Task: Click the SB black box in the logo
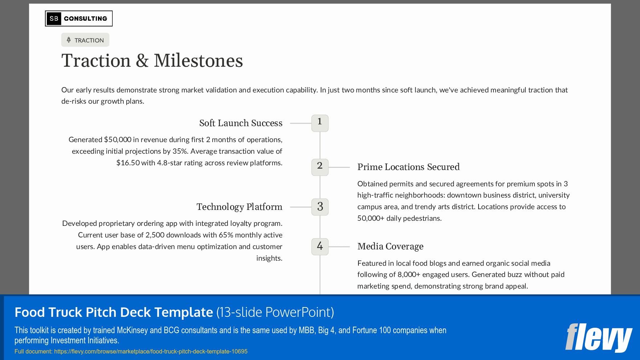(x=54, y=18)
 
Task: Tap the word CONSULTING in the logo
(x=86, y=18)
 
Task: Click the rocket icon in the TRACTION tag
(x=69, y=40)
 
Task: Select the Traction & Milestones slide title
(x=152, y=61)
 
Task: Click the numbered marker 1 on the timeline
(x=320, y=123)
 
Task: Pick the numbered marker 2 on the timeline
(x=320, y=167)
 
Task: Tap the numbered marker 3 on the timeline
(x=320, y=207)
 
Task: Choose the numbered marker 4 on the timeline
(x=320, y=247)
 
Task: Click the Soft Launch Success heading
(x=241, y=123)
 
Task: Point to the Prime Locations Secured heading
(x=408, y=167)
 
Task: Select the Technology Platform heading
(x=239, y=207)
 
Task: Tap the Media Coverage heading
(x=390, y=247)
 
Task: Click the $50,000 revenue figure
(x=118, y=140)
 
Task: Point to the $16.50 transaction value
(x=128, y=163)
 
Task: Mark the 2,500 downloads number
(x=155, y=235)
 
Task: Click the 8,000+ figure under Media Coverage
(x=409, y=274)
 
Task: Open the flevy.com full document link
(x=151, y=351)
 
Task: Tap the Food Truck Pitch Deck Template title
(x=114, y=312)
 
